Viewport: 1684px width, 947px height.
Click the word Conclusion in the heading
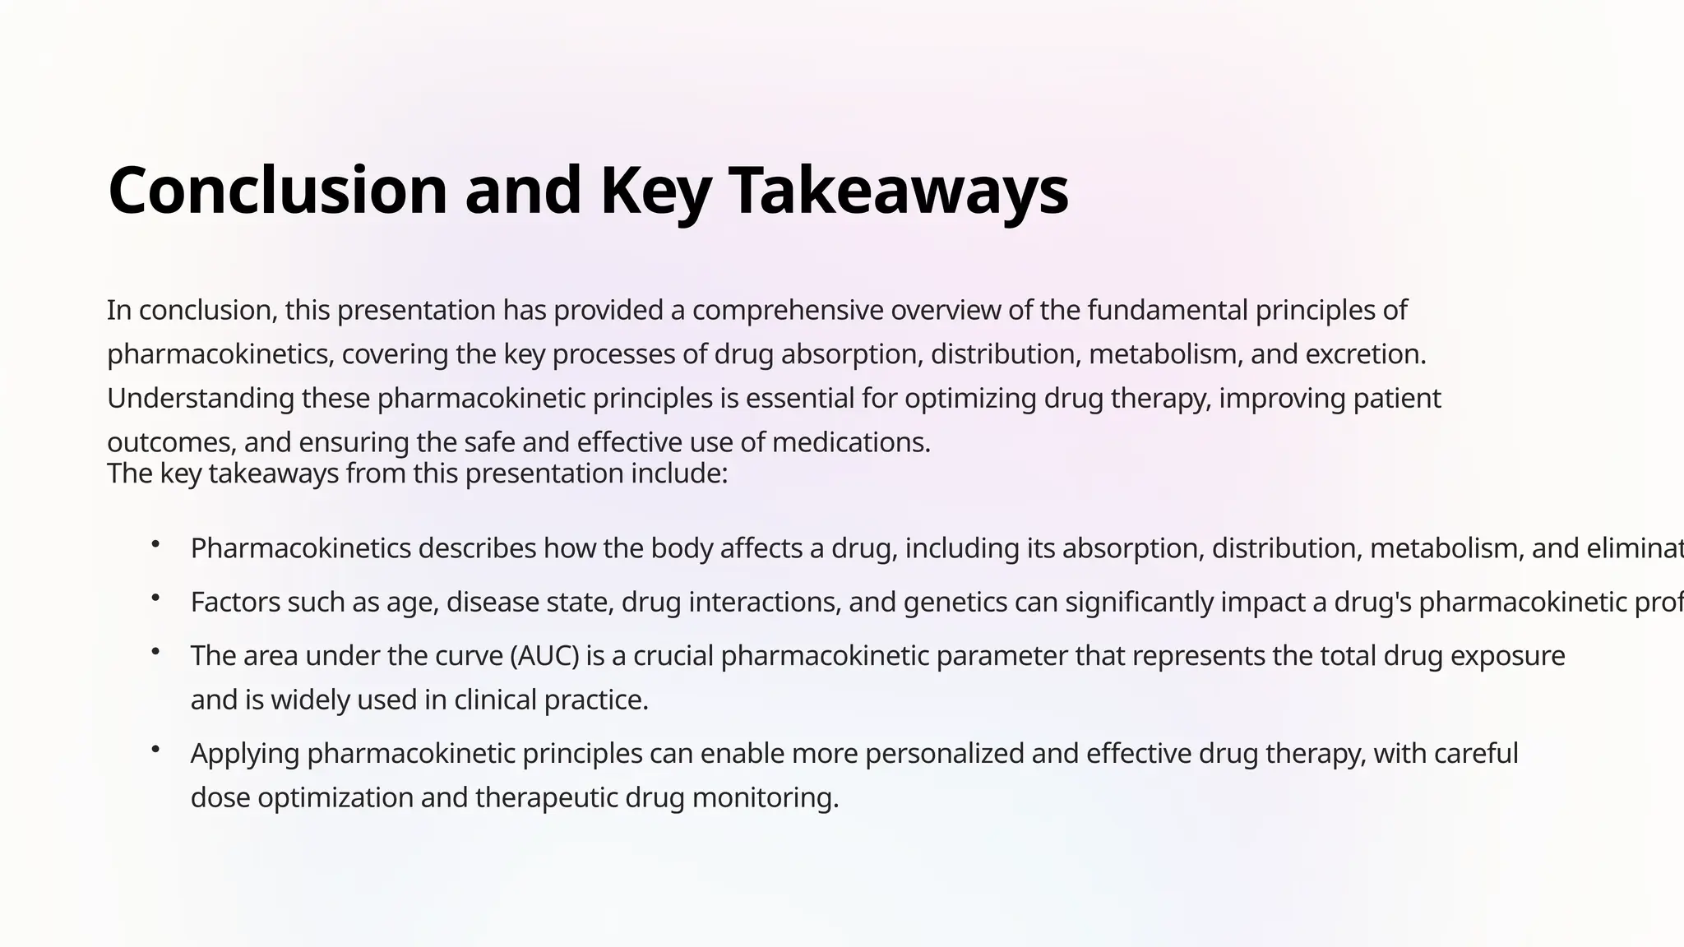coord(277,190)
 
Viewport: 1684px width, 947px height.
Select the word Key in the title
coord(655,190)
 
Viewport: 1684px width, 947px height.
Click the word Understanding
coord(201,399)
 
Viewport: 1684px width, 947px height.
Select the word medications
coord(851,443)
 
